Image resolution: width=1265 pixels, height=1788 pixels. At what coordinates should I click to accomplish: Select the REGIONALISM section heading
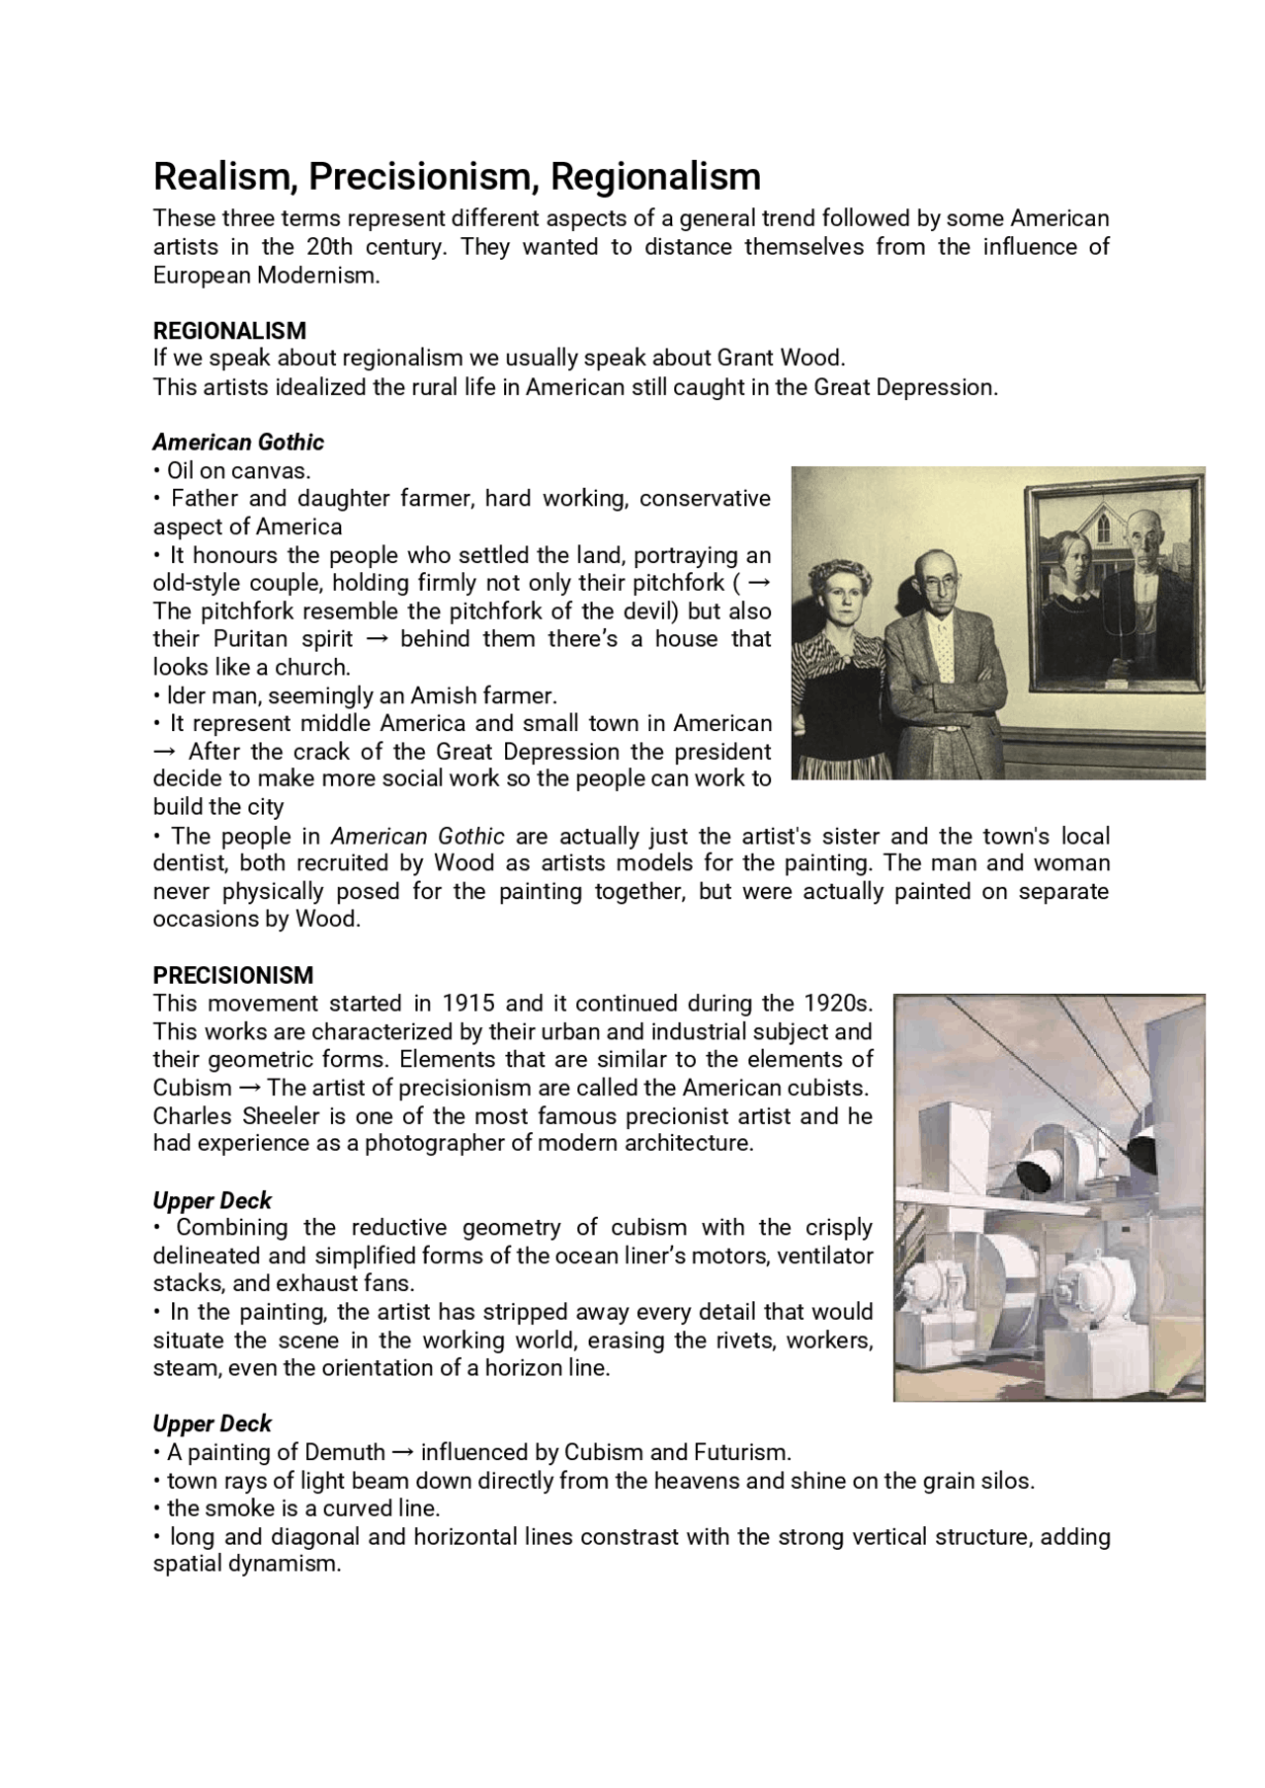coord(229,330)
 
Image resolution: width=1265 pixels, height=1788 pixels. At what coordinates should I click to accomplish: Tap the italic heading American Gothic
coord(238,442)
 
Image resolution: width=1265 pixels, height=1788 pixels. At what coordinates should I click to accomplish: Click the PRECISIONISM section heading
coord(232,975)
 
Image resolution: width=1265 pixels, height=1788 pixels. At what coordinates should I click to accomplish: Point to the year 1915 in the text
coord(468,1004)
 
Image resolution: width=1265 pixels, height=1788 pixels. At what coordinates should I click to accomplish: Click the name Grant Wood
coord(781,358)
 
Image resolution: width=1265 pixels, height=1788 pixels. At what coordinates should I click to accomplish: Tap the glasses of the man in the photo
coord(938,584)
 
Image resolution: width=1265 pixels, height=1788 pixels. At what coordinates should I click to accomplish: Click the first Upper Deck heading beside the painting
coord(211,1200)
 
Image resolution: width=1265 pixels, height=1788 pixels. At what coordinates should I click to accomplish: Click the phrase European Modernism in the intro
coord(265,275)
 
